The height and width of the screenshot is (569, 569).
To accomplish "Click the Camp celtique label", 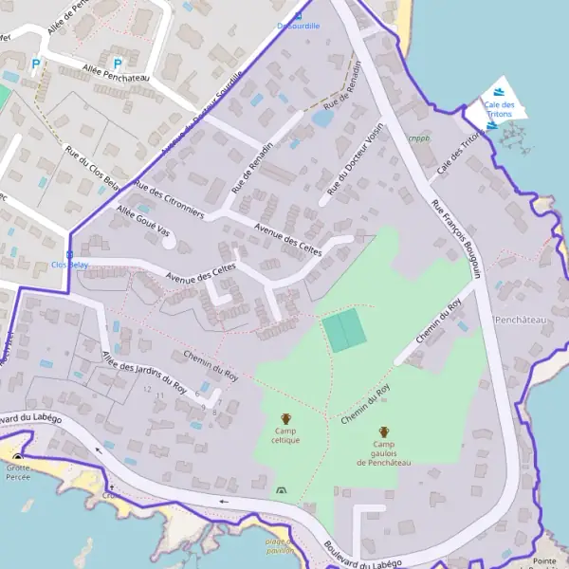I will pos(285,436).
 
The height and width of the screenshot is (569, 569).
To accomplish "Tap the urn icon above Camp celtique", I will pos(285,418).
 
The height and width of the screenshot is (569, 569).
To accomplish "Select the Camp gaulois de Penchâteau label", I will pos(383,453).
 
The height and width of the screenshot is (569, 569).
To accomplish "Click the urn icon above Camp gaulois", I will pos(383,431).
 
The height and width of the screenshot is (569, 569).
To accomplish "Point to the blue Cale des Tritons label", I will pos(498,109).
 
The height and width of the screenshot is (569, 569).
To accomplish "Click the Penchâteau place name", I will pos(521,321).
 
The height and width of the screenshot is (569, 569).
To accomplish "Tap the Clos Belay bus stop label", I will pos(68,265).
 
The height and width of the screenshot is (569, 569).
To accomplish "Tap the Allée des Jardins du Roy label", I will pos(143,371).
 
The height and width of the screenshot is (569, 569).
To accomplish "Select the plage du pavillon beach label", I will pos(278,544).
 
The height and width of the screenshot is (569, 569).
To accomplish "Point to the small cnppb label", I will pos(418,138).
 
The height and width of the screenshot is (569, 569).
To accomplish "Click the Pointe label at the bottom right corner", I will pos(544,561).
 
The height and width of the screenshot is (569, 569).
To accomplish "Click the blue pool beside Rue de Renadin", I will pos(321,119).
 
